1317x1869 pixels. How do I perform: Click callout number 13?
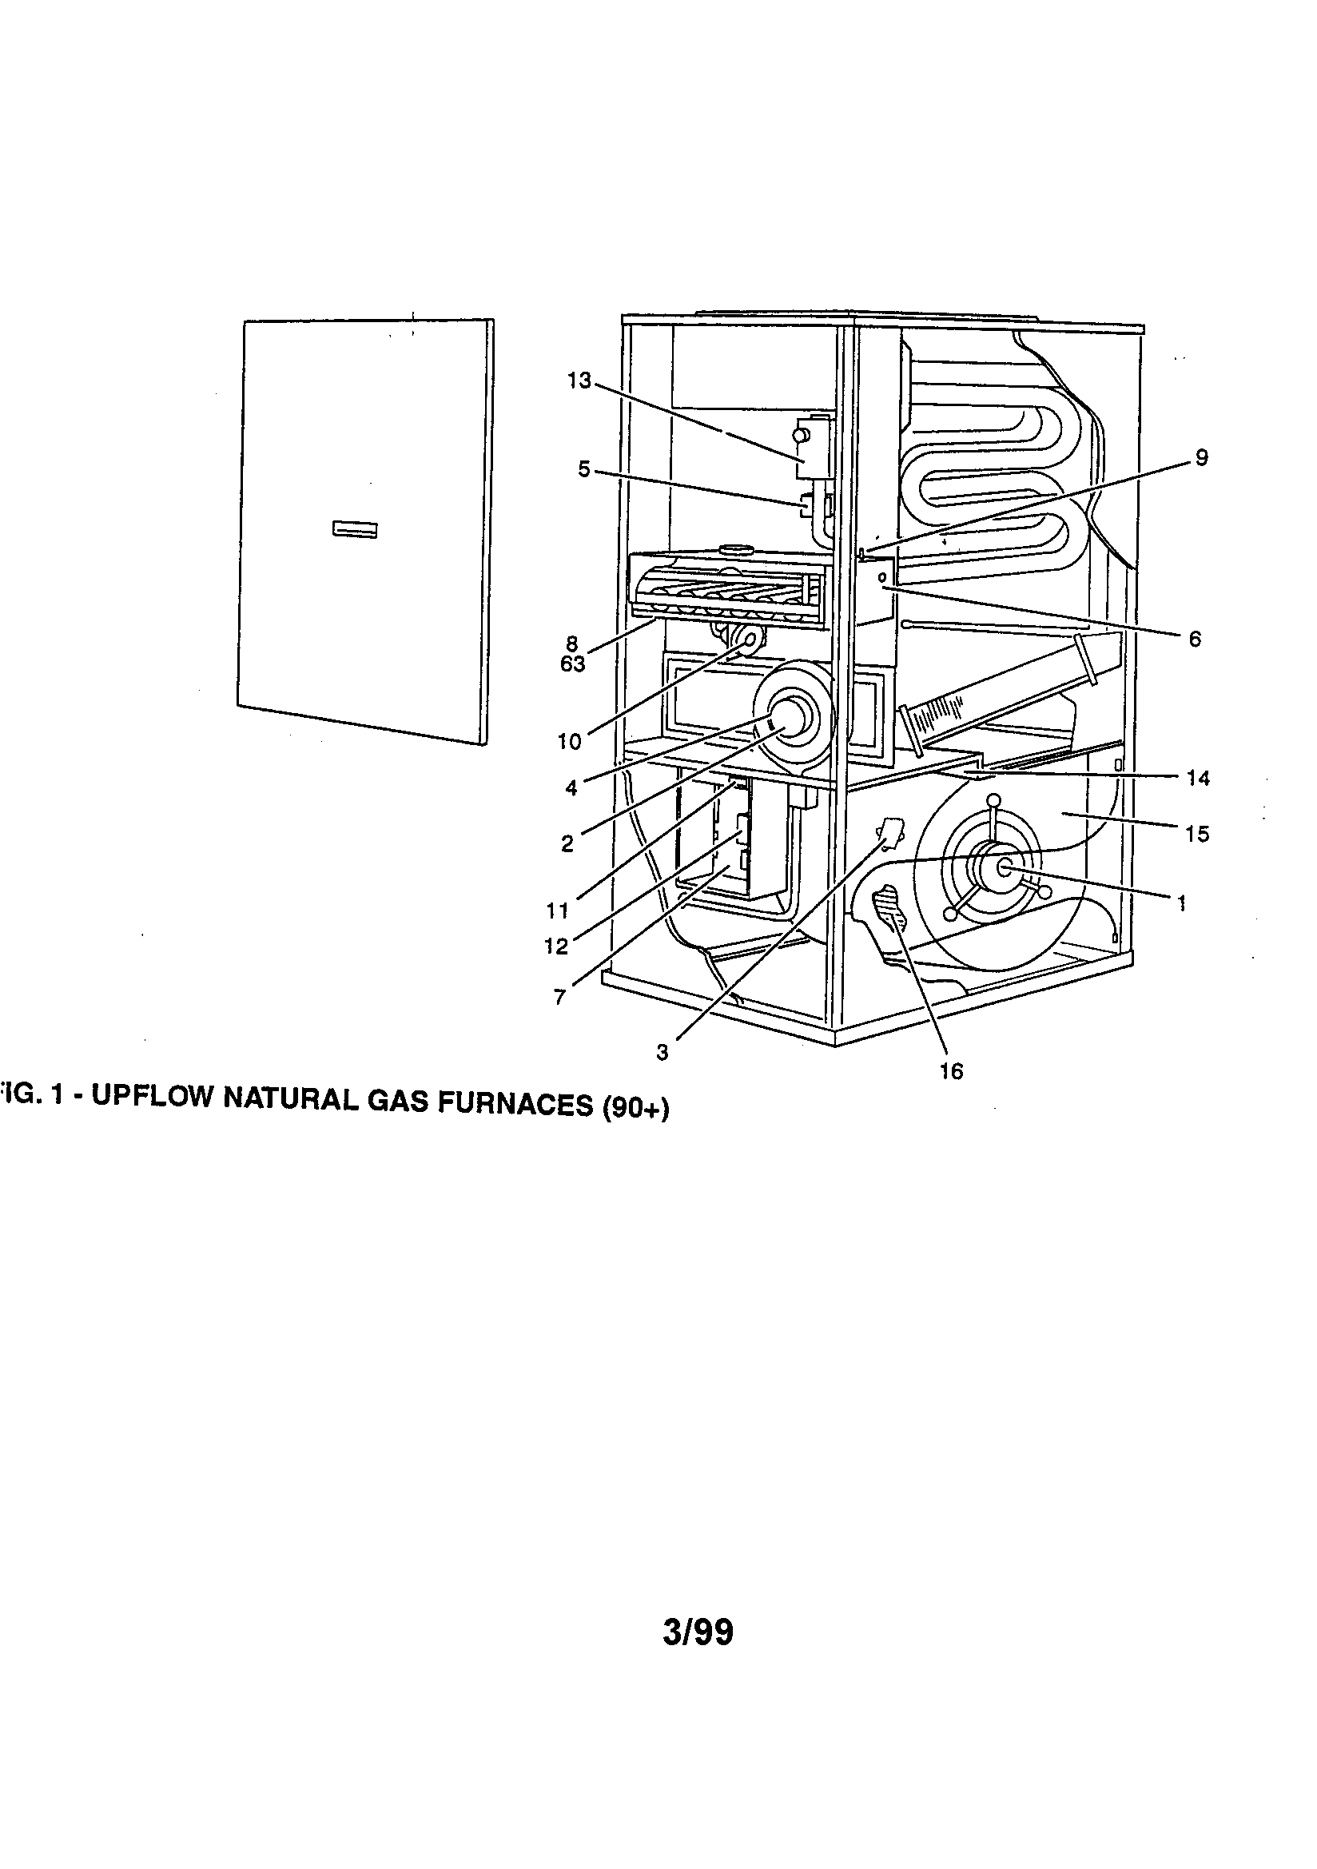[x=579, y=381]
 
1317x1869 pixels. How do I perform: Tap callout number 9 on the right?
[x=1201, y=458]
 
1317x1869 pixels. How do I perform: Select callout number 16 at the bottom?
[x=951, y=1071]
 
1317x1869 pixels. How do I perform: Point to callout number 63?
[x=572, y=664]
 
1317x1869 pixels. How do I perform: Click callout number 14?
[x=1197, y=778]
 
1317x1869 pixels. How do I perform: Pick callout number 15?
[x=1197, y=834]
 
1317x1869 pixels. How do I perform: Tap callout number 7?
[x=559, y=997]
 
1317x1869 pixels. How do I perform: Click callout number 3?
[x=662, y=1053]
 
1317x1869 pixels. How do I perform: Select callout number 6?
[x=1194, y=640]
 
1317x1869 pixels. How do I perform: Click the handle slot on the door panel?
[x=354, y=529]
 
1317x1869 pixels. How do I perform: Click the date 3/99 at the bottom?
[x=698, y=1632]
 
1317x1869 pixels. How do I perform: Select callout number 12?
[x=556, y=946]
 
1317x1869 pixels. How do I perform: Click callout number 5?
[x=583, y=470]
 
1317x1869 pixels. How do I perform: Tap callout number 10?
[x=569, y=742]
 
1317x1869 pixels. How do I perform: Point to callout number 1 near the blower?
[x=1181, y=902]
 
